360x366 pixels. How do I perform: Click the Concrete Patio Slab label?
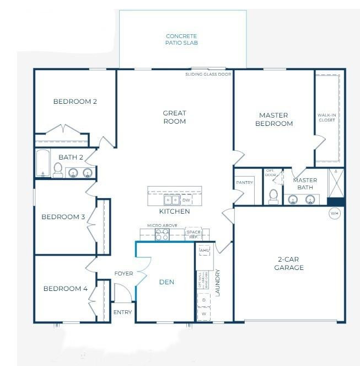pyautogui.click(x=181, y=39)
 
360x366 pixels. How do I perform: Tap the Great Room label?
pyautogui.click(x=174, y=117)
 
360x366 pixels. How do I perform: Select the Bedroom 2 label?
pyautogui.click(x=75, y=102)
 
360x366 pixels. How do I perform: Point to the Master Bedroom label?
pyautogui.click(x=273, y=119)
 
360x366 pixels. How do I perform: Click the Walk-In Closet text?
pyautogui.click(x=326, y=117)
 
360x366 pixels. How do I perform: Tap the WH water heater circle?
pyautogui.click(x=335, y=213)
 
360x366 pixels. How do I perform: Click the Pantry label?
pyautogui.click(x=244, y=182)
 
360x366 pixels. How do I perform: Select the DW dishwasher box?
pyautogui.click(x=186, y=200)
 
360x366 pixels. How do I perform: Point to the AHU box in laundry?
pyautogui.click(x=204, y=250)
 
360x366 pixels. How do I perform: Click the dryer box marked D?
pyautogui.click(x=204, y=300)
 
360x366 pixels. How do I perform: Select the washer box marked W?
pyautogui.click(x=204, y=314)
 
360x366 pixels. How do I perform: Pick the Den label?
pyautogui.click(x=166, y=282)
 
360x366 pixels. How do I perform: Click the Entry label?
pyautogui.click(x=122, y=312)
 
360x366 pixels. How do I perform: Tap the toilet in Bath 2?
pyautogui.click(x=58, y=169)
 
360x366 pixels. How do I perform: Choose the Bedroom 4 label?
pyautogui.click(x=66, y=288)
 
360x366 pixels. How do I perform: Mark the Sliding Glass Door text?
pyautogui.click(x=208, y=73)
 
